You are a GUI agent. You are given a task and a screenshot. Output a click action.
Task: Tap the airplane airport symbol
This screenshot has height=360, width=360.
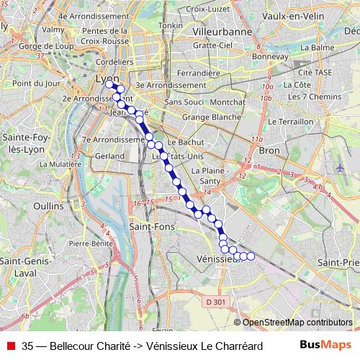(339, 167)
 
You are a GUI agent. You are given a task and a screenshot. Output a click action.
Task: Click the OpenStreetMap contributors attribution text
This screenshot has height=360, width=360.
(297, 323)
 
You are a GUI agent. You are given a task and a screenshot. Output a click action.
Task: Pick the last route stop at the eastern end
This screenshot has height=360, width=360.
(251, 256)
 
